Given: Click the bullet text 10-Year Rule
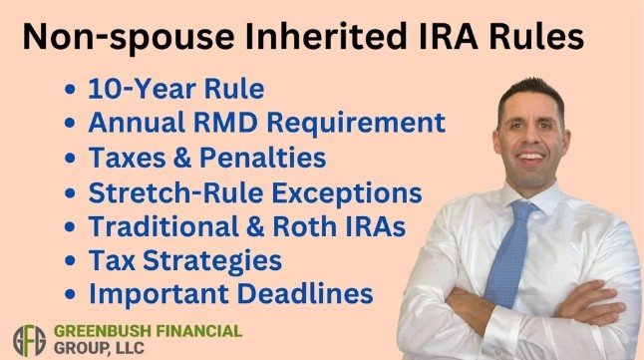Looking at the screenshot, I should (x=175, y=90).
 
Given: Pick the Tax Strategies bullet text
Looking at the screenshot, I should (x=185, y=260).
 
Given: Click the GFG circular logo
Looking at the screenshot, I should (x=30, y=338).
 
